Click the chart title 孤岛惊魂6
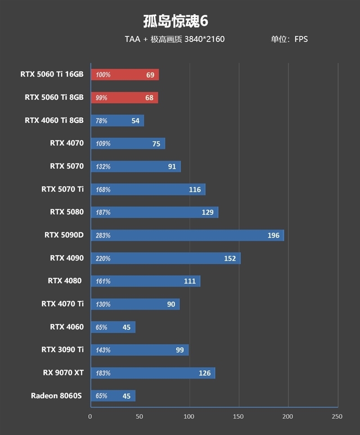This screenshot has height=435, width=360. click(175, 21)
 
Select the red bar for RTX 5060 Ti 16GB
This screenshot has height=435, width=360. click(125, 75)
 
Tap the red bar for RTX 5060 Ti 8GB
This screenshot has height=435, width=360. click(124, 98)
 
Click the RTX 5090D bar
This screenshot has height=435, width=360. click(187, 235)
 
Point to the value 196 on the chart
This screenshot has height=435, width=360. click(273, 236)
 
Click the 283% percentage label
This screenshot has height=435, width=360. click(103, 236)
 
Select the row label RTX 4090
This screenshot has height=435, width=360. click(67, 258)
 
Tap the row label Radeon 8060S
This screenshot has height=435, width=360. click(57, 396)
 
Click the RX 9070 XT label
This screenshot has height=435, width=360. click(63, 373)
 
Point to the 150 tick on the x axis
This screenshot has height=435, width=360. click(238, 417)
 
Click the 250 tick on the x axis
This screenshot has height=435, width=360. click(337, 417)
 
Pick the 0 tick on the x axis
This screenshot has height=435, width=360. click(90, 417)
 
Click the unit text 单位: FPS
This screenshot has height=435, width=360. click(289, 39)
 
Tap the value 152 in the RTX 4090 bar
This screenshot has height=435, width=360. click(229, 258)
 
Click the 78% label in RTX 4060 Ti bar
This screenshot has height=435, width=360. click(102, 121)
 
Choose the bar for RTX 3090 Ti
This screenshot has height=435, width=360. click(139, 350)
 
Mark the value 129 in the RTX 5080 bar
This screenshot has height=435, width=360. click(207, 213)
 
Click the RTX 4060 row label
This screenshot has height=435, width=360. click(67, 327)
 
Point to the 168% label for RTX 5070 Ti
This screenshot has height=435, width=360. click(103, 190)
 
